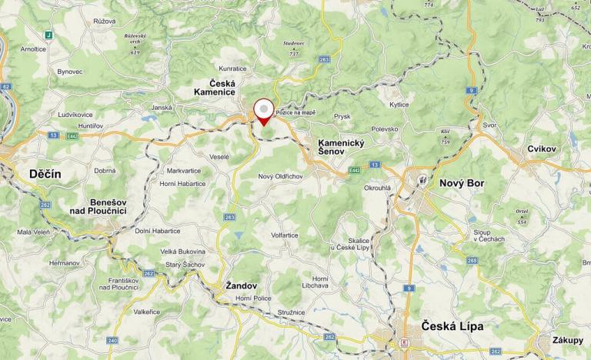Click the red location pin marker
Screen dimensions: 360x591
pyautogui.click(x=263, y=111)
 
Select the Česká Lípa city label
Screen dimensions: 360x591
pyautogui.click(x=452, y=326)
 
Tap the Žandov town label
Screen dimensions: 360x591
pyautogui.click(x=241, y=285)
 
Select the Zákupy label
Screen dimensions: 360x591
pyautogui.click(x=567, y=340)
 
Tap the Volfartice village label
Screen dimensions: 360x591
pyautogui.click(x=284, y=235)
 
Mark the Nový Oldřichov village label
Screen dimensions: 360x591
pyautogui.click(x=281, y=177)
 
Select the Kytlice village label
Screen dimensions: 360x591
pyautogui.click(x=399, y=104)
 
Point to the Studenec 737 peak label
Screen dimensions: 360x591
pyautogui.click(x=293, y=48)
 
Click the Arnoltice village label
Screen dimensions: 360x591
pyautogui.click(x=33, y=48)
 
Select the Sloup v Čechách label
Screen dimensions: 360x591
pyautogui.click(x=489, y=235)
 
